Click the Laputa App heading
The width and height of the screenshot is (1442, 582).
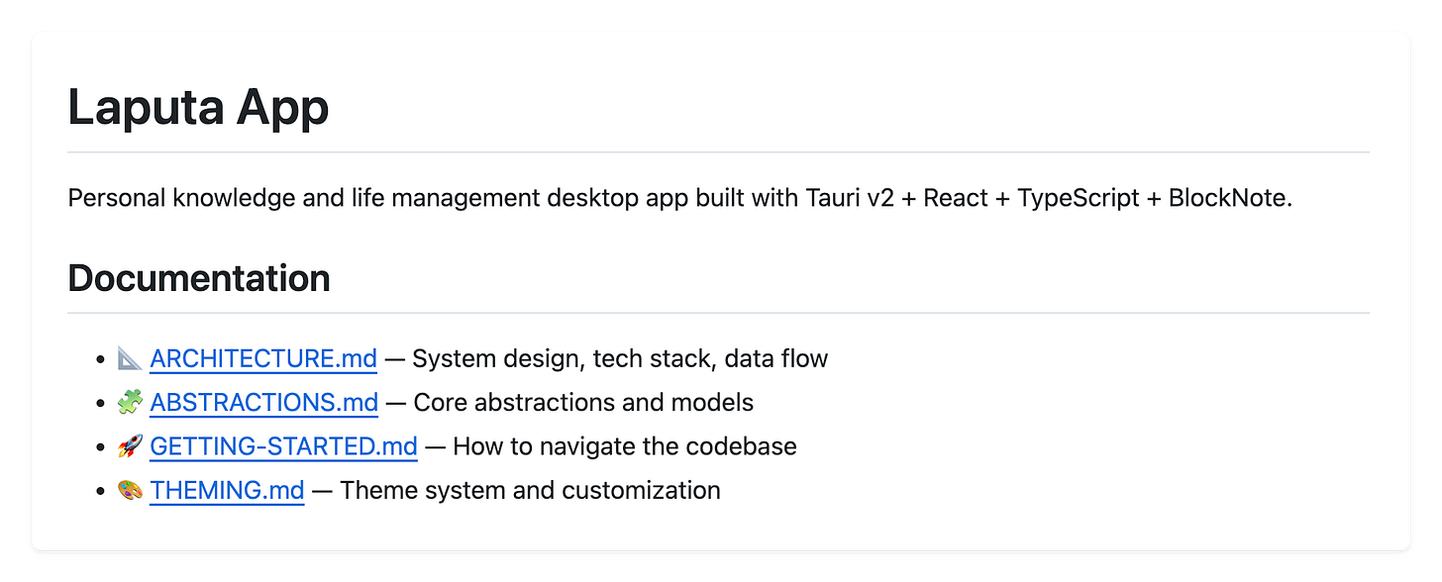tap(198, 108)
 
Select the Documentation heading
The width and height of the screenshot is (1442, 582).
tap(198, 278)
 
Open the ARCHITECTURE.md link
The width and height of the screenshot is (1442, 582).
tap(263, 358)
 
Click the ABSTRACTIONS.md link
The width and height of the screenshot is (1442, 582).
tap(263, 403)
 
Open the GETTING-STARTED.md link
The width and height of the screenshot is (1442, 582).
tap(283, 446)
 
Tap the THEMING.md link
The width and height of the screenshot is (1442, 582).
tap(227, 490)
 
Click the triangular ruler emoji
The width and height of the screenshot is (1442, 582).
tap(130, 358)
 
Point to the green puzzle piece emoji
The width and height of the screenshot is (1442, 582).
tap(130, 403)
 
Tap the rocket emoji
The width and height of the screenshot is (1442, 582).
tap(130, 446)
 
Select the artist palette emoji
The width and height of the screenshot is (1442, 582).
tap(130, 490)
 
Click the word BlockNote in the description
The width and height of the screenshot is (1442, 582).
tap(1230, 198)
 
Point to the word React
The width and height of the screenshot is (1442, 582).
tap(957, 198)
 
